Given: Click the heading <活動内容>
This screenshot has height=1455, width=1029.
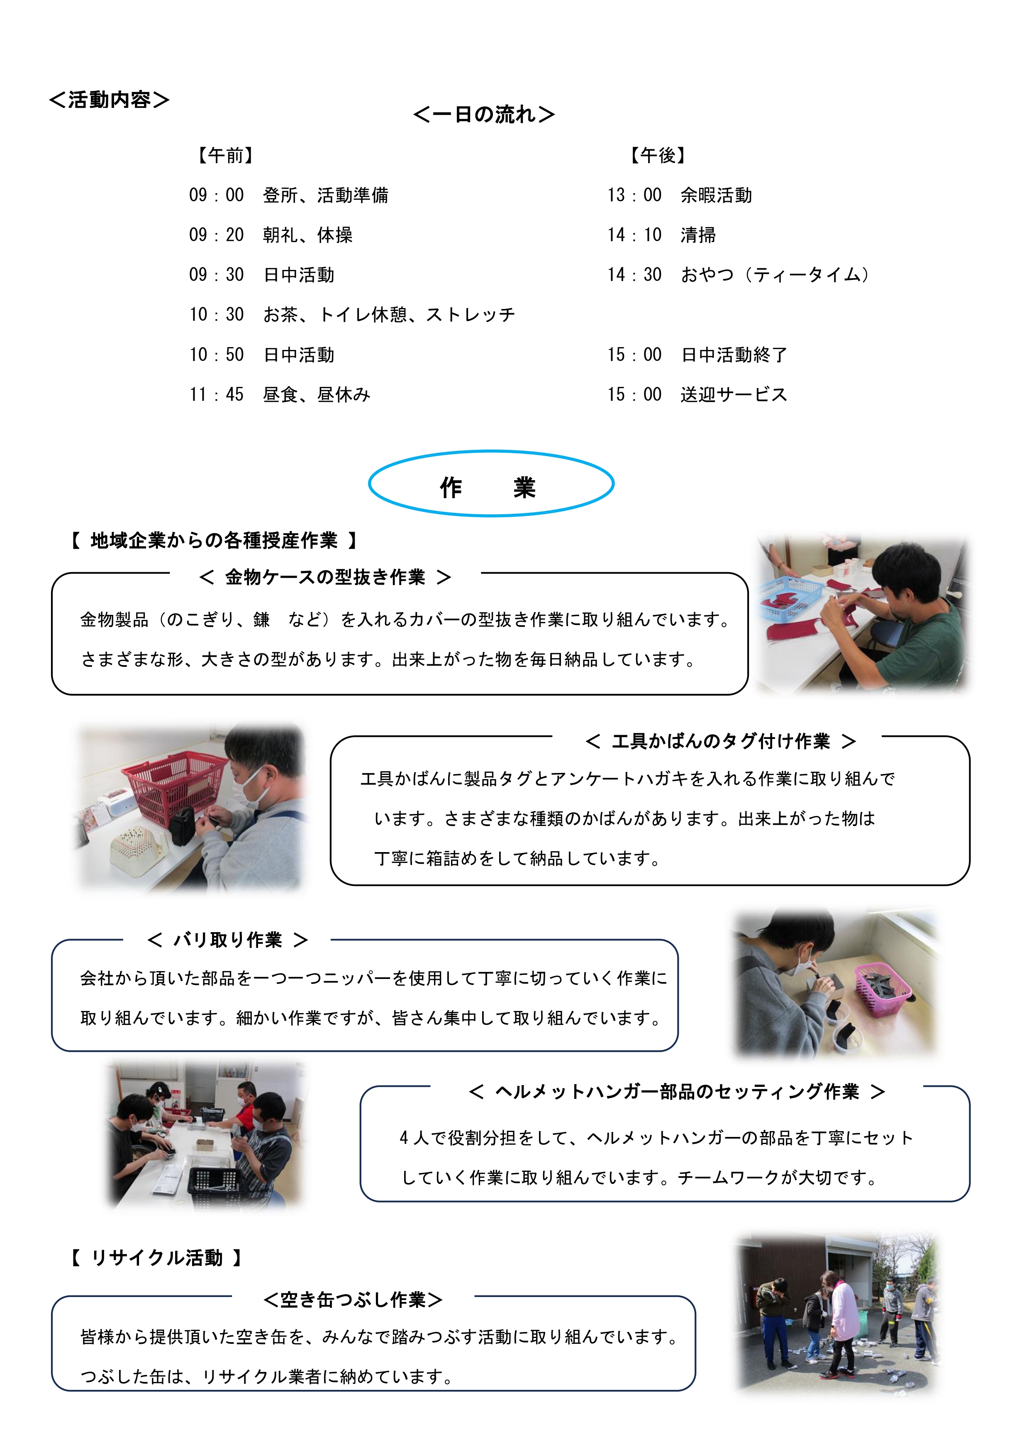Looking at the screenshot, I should pos(109,100).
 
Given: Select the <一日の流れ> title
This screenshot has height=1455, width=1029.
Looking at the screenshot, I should pos(484,115).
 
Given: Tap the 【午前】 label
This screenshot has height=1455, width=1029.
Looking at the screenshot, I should pos(226,155).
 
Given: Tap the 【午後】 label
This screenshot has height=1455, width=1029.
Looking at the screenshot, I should pos(658,155).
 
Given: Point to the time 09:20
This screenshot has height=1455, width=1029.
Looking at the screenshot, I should pos(216,235).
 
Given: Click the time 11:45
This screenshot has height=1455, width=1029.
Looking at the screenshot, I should pos(216,395).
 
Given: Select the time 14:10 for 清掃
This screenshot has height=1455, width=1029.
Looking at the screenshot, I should pos(634,235).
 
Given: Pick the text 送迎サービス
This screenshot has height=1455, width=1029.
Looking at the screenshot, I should pos(734,395).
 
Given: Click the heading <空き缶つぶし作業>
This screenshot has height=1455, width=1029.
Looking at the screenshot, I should pos(353,1300).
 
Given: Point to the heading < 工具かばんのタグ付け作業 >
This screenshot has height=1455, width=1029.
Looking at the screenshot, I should pos(720,741).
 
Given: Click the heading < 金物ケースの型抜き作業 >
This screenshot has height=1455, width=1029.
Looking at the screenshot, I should pos(324,577).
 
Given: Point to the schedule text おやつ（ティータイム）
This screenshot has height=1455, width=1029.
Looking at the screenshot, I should pos(775,275).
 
